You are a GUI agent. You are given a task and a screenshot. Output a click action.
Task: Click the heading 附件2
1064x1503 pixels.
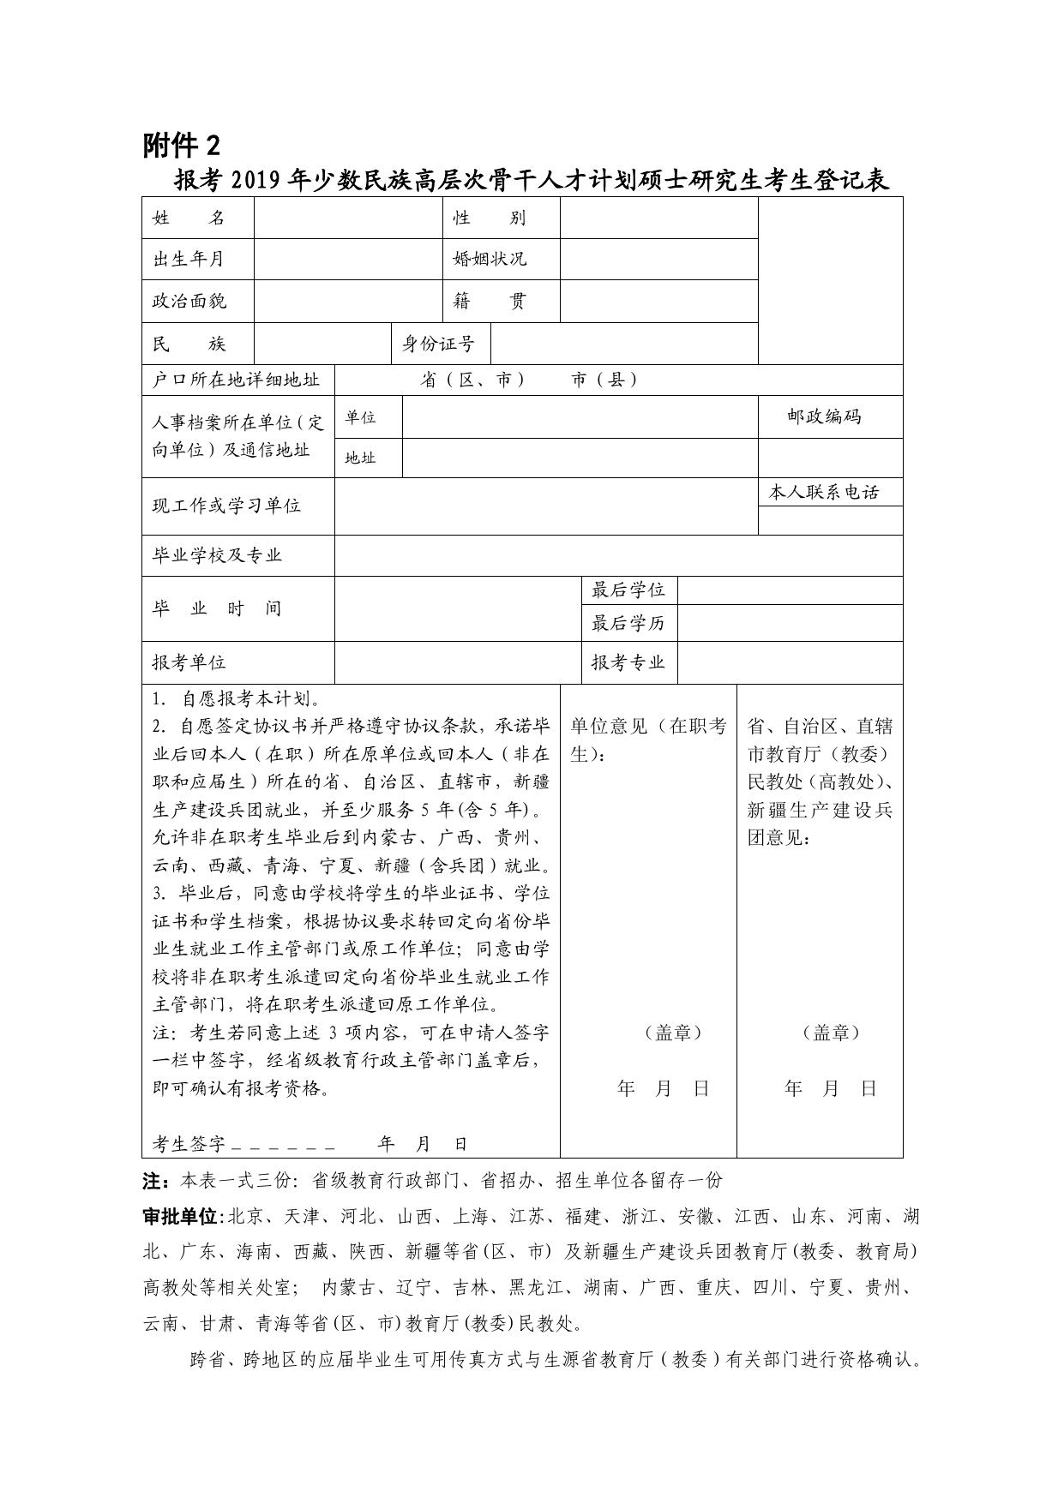coord(182,147)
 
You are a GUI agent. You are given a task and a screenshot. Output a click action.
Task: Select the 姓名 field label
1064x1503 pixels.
coord(189,218)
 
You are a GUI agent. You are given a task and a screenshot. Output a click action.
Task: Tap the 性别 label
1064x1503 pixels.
coord(489,218)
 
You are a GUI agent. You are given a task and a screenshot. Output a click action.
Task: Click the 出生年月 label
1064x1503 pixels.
coord(188,259)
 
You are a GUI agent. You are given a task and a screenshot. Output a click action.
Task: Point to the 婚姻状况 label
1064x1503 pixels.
coord(490,259)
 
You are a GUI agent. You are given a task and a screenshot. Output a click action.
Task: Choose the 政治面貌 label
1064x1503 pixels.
coord(189,301)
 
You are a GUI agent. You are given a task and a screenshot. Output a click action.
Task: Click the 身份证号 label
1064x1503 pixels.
coord(438,344)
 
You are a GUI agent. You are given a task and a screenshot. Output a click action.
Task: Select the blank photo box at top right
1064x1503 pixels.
coord(830,280)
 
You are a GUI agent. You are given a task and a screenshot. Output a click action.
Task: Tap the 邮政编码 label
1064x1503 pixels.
coord(824,416)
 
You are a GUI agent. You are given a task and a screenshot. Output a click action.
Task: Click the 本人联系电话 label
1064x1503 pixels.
coord(824,492)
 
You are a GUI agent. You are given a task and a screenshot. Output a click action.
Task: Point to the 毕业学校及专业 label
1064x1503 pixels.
coord(217,555)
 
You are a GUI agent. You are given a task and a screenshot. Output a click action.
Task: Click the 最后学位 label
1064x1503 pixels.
coord(628,590)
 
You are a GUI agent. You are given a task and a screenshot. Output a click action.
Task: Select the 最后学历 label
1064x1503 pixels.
coord(628,623)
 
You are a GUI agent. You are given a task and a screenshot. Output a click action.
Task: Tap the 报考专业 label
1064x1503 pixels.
coord(628,662)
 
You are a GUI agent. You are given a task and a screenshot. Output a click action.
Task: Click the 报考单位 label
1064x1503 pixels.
coord(189,662)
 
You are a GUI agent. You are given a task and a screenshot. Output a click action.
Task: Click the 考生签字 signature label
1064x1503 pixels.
coord(189,1144)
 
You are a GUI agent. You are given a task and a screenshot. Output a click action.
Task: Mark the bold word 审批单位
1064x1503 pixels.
coord(181,1217)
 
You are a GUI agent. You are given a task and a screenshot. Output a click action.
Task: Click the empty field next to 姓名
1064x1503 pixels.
coord(348,218)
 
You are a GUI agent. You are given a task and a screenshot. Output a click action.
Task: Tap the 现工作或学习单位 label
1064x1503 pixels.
coord(226,506)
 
